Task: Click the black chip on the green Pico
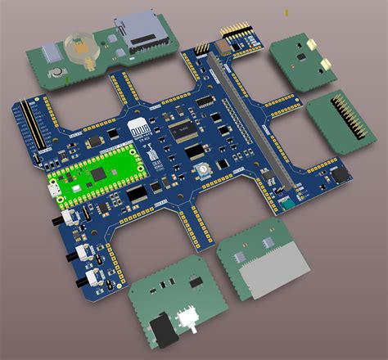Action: point(99,173)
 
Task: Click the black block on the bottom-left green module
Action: point(165,329)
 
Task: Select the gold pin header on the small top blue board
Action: point(233,34)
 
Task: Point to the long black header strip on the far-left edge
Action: point(28,132)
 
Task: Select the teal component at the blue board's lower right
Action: point(282,201)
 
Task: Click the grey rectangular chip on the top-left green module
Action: point(51,53)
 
